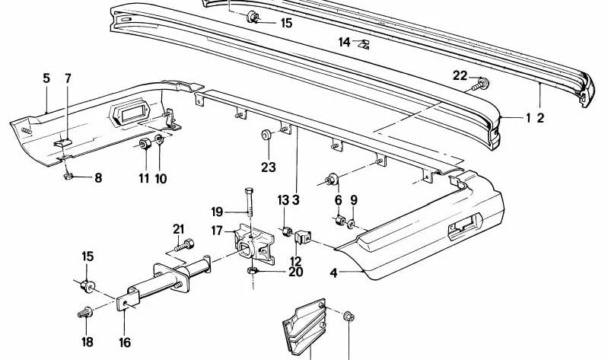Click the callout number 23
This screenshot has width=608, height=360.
tap(268, 167)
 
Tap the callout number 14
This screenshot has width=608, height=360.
tap(344, 43)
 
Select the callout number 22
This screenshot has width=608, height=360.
tap(459, 75)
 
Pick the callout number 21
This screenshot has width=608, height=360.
tap(179, 229)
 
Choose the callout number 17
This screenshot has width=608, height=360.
tap(217, 229)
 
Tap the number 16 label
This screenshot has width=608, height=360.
tap(125, 342)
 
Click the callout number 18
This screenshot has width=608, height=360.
tap(88, 342)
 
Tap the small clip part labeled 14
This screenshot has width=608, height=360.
tap(363, 43)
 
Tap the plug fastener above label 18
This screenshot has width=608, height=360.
tap(86, 312)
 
